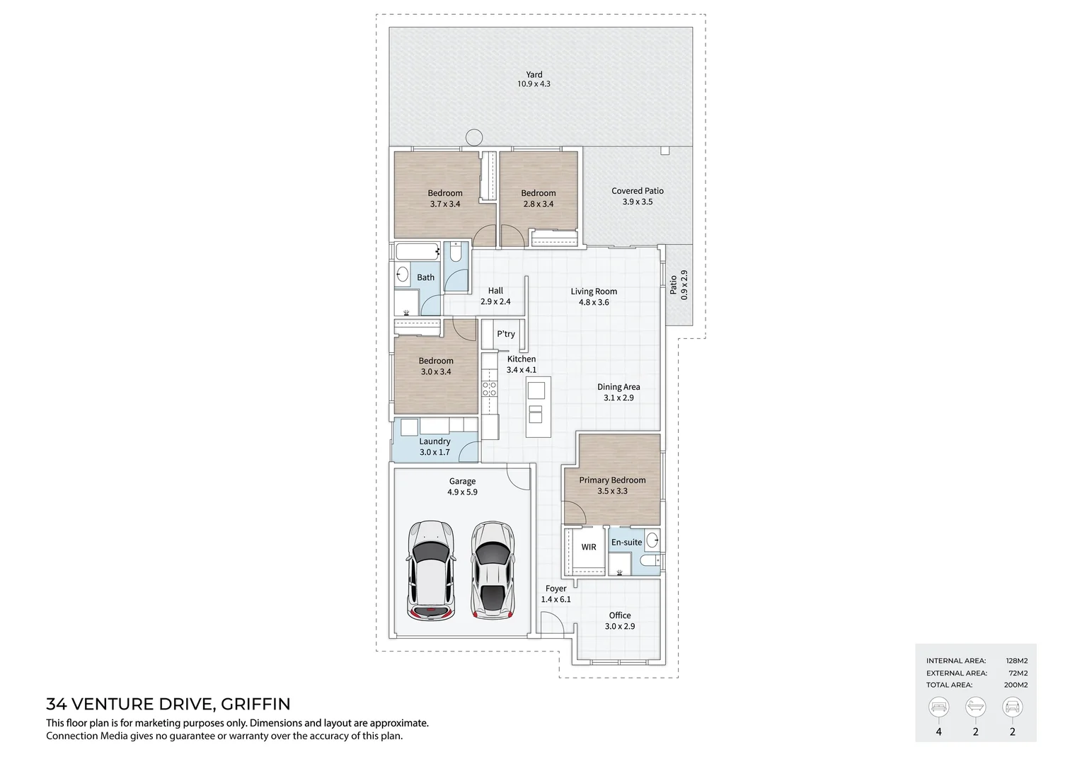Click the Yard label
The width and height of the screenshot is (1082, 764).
click(534, 74)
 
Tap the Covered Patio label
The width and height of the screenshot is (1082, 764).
click(637, 191)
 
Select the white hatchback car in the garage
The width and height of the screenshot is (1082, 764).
click(430, 571)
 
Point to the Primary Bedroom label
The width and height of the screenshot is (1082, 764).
click(612, 480)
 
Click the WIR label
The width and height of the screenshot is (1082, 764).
click(589, 547)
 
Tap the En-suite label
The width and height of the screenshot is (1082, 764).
click(626, 543)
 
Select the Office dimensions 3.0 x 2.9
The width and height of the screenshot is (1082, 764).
click(620, 627)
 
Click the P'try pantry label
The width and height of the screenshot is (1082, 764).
click(505, 334)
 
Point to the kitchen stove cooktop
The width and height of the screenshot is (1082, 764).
click(489, 388)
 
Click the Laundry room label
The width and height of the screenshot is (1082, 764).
click(434, 441)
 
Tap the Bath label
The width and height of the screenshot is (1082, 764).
click(425, 277)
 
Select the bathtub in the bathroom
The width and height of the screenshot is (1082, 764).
click(418, 251)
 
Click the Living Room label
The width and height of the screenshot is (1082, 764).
click(594, 291)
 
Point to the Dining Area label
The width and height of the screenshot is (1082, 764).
click(618, 387)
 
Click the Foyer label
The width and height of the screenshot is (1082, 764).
click(556, 589)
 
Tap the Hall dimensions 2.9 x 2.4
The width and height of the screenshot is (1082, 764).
click(495, 302)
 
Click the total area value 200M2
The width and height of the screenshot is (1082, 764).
click(1016, 685)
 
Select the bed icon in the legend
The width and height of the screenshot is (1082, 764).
click(939, 707)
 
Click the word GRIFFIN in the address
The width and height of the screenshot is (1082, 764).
click(255, 705)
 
